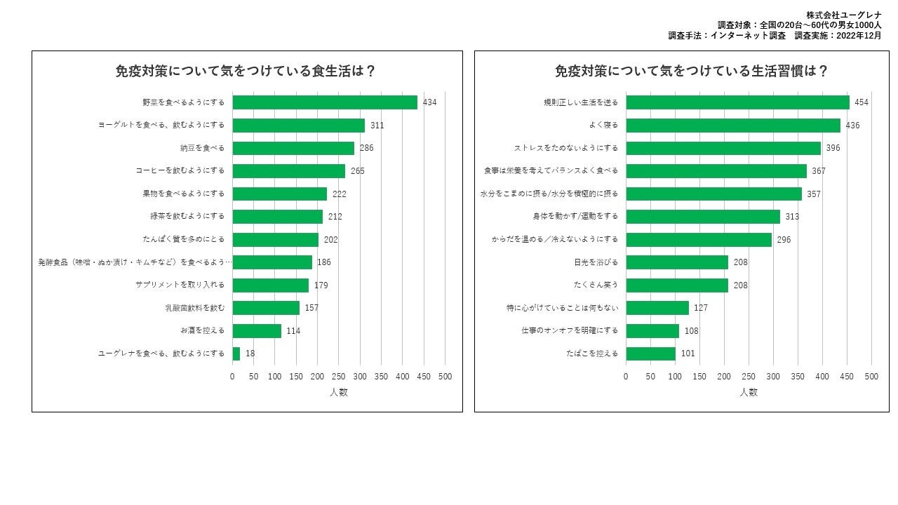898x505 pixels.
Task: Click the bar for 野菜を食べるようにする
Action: point(325,102)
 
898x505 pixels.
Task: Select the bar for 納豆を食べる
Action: point(293,148)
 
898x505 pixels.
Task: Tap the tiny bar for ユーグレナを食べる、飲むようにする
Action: point(236,353)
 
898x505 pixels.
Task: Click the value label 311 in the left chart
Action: point(377,126)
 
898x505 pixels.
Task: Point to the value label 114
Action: point(293,331)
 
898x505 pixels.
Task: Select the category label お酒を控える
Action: point(203,331)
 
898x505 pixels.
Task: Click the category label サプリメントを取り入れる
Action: point(180,285)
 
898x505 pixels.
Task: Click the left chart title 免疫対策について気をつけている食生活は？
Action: point(246,71)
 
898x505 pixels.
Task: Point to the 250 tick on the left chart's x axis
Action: point(338,377)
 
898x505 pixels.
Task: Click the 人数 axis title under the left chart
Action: point(339,392)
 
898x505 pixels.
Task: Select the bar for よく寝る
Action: point(733,126)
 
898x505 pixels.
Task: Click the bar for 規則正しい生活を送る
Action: point(737,102)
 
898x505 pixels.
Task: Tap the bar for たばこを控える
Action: point(650,353)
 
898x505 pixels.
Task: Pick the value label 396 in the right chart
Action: point(833,148)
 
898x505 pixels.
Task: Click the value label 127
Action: point(701,308)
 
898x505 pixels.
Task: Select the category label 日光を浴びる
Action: point(596,262)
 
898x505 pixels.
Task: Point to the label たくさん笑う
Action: point(596,285)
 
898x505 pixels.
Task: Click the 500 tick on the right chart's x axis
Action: point(871,377)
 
